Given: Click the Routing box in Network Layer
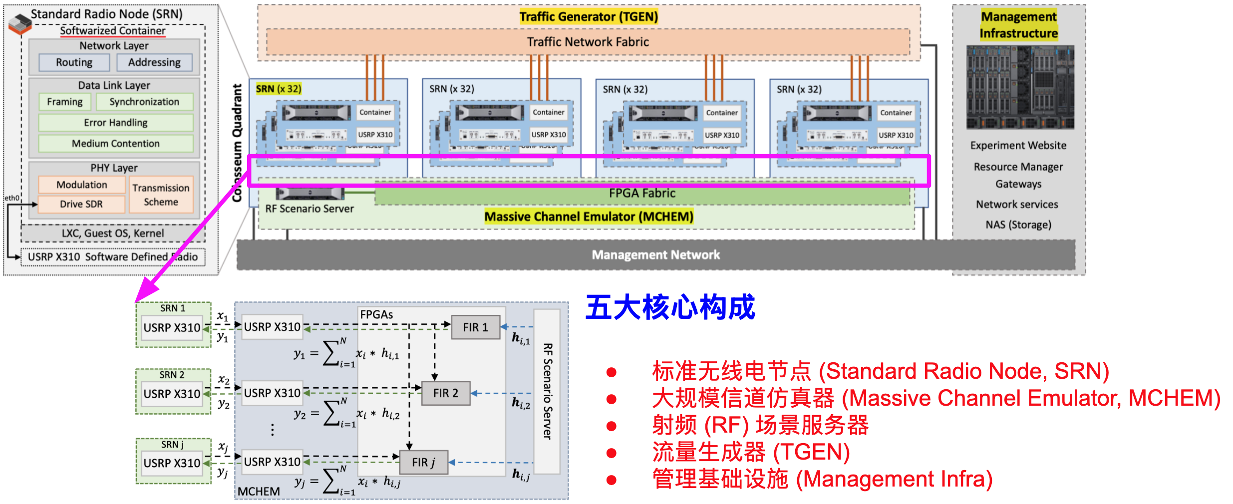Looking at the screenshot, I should click(x=74, y=62).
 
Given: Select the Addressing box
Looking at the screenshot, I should click(x=154, y=62).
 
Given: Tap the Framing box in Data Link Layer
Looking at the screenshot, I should click(x=65, y=102).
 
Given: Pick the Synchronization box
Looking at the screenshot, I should click(x=144, y=102).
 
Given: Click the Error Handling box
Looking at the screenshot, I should click(x=115, y=123).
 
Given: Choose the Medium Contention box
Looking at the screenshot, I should click(x=115, y=144).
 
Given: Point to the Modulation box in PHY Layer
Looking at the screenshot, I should click(x=82, y=185).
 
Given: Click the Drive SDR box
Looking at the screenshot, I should click(x=81, y=204).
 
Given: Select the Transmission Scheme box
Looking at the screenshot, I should click(x=161, y=195).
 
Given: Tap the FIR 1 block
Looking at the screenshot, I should click(x=475, y=327).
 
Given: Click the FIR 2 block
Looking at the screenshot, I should click(x=445, y=393).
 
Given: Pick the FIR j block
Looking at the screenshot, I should click(x=423, y=463).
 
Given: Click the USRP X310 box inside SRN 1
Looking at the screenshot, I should click(x=172, y=328).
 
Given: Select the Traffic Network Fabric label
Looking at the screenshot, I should click(x=588, y=42).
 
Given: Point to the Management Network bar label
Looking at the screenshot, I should click(x=655, y=255).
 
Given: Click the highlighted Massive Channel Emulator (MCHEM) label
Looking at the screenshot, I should click(x=589, y=217).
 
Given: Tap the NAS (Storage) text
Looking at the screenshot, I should click(x=1018, y=225).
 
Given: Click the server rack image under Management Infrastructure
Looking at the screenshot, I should click(x=1019, y=87).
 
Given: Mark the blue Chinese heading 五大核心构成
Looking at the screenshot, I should click(x=670, y=307).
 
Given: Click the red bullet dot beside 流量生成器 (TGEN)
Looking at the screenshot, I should click(x=611, y=453).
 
